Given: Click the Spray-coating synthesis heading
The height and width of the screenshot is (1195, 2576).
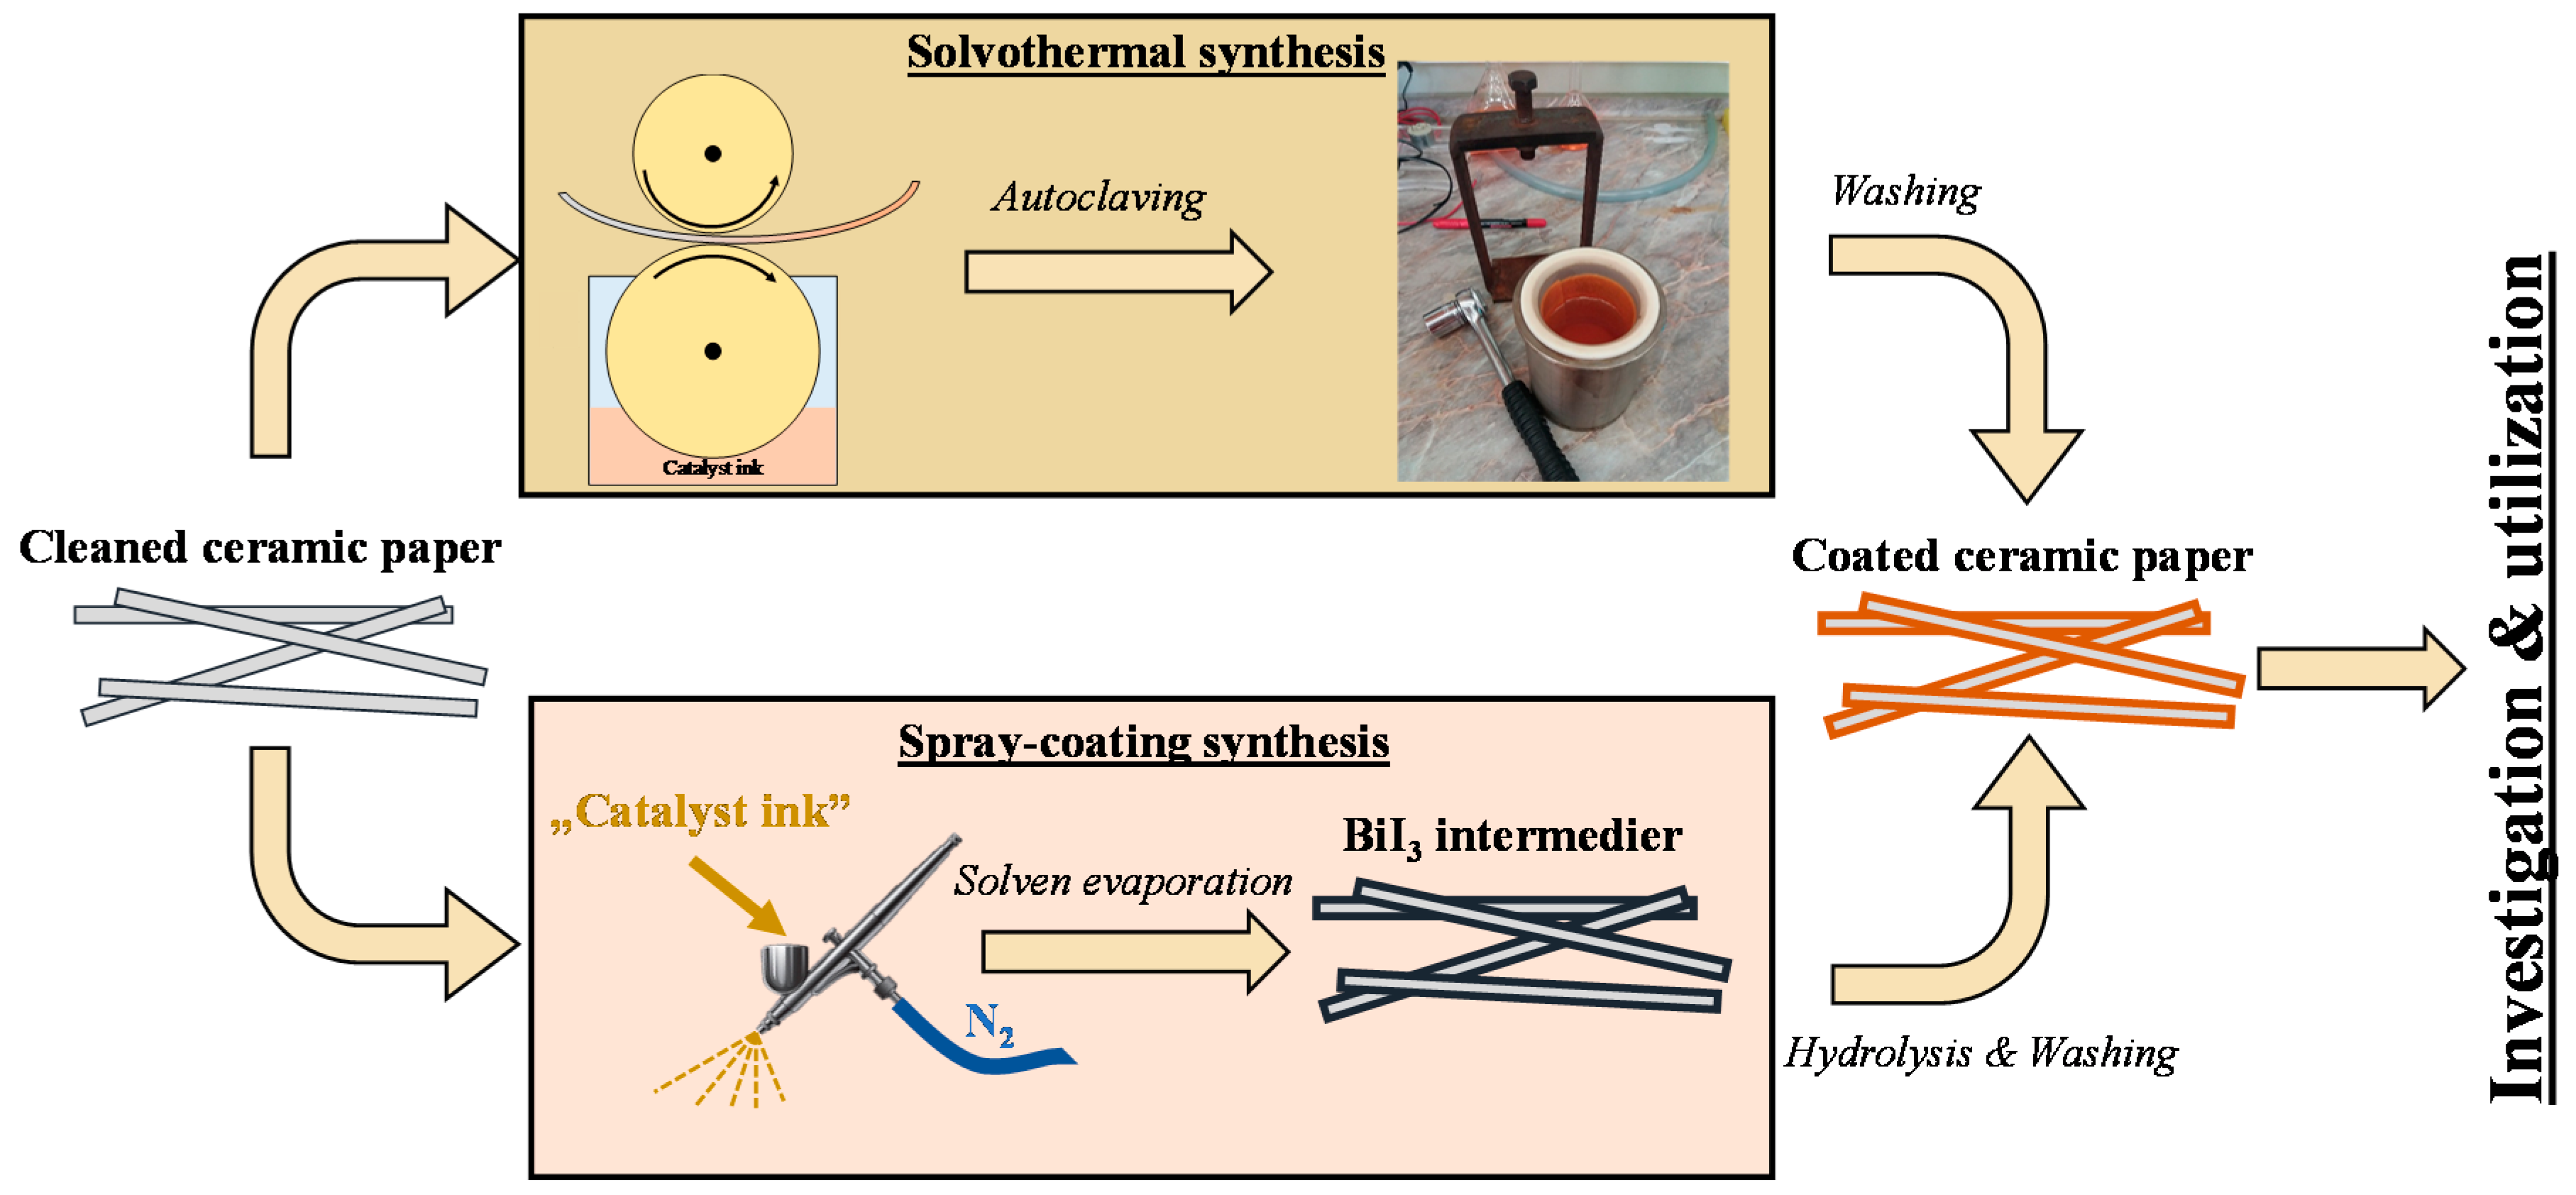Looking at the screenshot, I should click(x=1143, y=742).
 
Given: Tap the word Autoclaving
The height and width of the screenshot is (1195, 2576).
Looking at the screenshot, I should click(x=1098, y=197).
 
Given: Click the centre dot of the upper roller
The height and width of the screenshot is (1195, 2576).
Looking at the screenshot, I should click(x=713, y=154).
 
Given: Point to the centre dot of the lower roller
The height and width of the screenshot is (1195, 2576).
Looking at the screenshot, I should click(x=713, y=351).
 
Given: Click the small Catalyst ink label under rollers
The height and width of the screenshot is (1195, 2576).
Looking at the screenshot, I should click(x=713, y=467).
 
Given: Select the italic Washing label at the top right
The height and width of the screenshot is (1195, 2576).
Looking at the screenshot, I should click(x=1905, y=191).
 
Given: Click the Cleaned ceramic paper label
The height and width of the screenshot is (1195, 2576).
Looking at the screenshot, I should click(x=260, y=548).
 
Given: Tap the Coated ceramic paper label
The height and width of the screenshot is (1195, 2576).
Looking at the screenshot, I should click(x=2022, y=556).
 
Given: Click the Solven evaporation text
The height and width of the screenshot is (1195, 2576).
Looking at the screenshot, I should click(x=1122, y=881).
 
